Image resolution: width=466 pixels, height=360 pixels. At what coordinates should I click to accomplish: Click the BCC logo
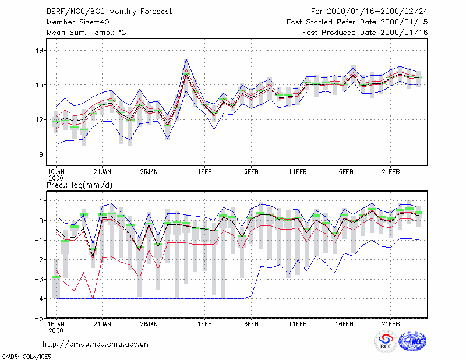click(x=386, y=341)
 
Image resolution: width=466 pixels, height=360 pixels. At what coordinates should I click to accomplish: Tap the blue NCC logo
click(x=412, y=341)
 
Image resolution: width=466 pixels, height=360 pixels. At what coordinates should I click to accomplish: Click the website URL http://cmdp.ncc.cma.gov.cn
click(x=96, y=344)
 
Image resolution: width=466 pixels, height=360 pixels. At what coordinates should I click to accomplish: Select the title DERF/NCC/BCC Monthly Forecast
click(x=109, y=12)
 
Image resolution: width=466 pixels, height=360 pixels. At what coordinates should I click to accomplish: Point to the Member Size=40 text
click(x=78, y=22)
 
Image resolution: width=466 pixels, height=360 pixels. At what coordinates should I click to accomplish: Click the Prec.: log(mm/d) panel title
click(x=79, y=185)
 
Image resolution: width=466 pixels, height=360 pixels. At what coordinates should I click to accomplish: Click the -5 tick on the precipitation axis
click(x=38, y=318)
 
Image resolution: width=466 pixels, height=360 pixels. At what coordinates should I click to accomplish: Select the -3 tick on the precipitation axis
click(x=38, y=279)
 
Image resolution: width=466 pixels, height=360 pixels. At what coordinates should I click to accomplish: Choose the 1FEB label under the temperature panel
click(x=204, y=172)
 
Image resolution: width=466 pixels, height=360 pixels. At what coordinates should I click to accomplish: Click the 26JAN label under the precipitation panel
click(x=149, y=324)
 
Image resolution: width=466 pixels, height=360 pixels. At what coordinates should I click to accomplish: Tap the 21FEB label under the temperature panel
click(x=390, y=172)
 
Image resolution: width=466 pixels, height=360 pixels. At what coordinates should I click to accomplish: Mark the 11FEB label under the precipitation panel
click(x=298, y=324)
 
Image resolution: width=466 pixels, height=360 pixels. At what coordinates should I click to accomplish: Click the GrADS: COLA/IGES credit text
click(x=26, y=357)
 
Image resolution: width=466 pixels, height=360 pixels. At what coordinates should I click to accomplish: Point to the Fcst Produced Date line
click(x=365, y=33)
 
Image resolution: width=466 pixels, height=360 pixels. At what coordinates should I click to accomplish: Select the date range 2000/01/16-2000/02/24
click(x=377, y=12)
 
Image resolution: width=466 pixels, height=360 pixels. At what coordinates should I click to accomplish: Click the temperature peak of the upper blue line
click(x=186, y=58)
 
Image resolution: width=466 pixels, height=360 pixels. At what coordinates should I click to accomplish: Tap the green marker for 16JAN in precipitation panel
click(x=56, y=277)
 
